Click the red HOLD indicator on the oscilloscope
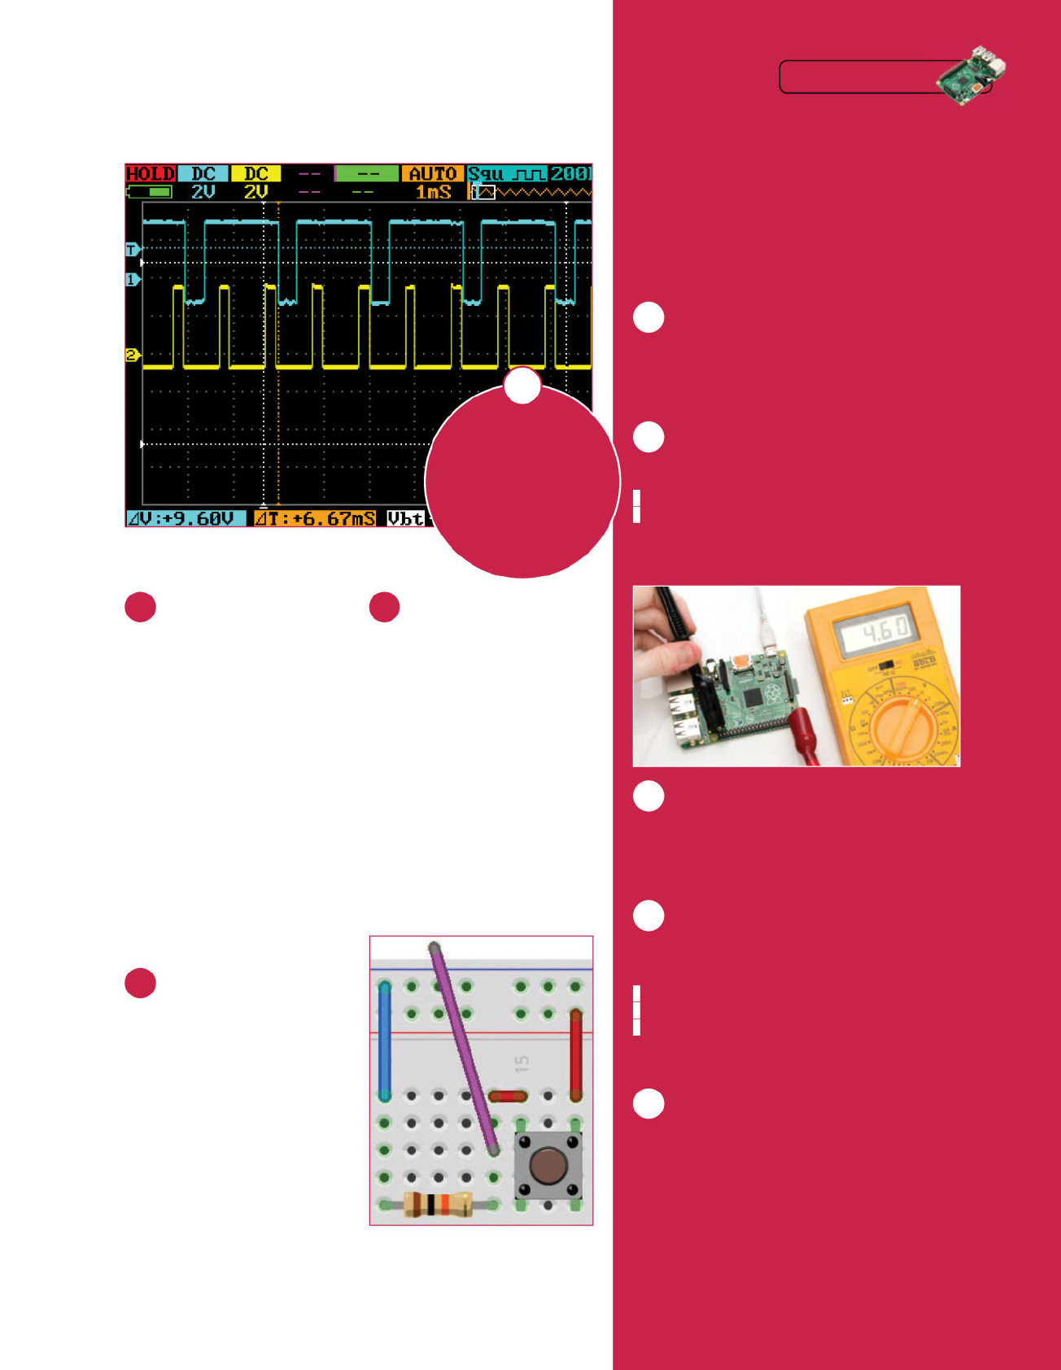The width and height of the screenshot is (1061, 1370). (151, 173)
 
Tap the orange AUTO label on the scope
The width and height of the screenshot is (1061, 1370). (432, 173)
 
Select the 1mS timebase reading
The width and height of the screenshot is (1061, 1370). (433, 192)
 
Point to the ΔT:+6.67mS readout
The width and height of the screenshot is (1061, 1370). (315, 518)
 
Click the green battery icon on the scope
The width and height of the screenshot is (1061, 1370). (150, 192)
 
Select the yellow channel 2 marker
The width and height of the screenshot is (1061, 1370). (132, 355)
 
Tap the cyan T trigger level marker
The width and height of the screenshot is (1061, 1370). (132, 250)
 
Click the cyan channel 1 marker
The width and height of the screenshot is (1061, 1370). (132, 280)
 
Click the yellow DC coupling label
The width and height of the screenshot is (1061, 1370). (255, 173)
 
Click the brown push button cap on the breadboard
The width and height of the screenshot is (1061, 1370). (548, 1165)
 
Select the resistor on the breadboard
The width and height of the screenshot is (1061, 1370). (438, 1204)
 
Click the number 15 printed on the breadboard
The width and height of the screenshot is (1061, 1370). (522, 1062)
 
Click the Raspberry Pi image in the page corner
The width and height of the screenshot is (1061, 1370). (971, 76)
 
